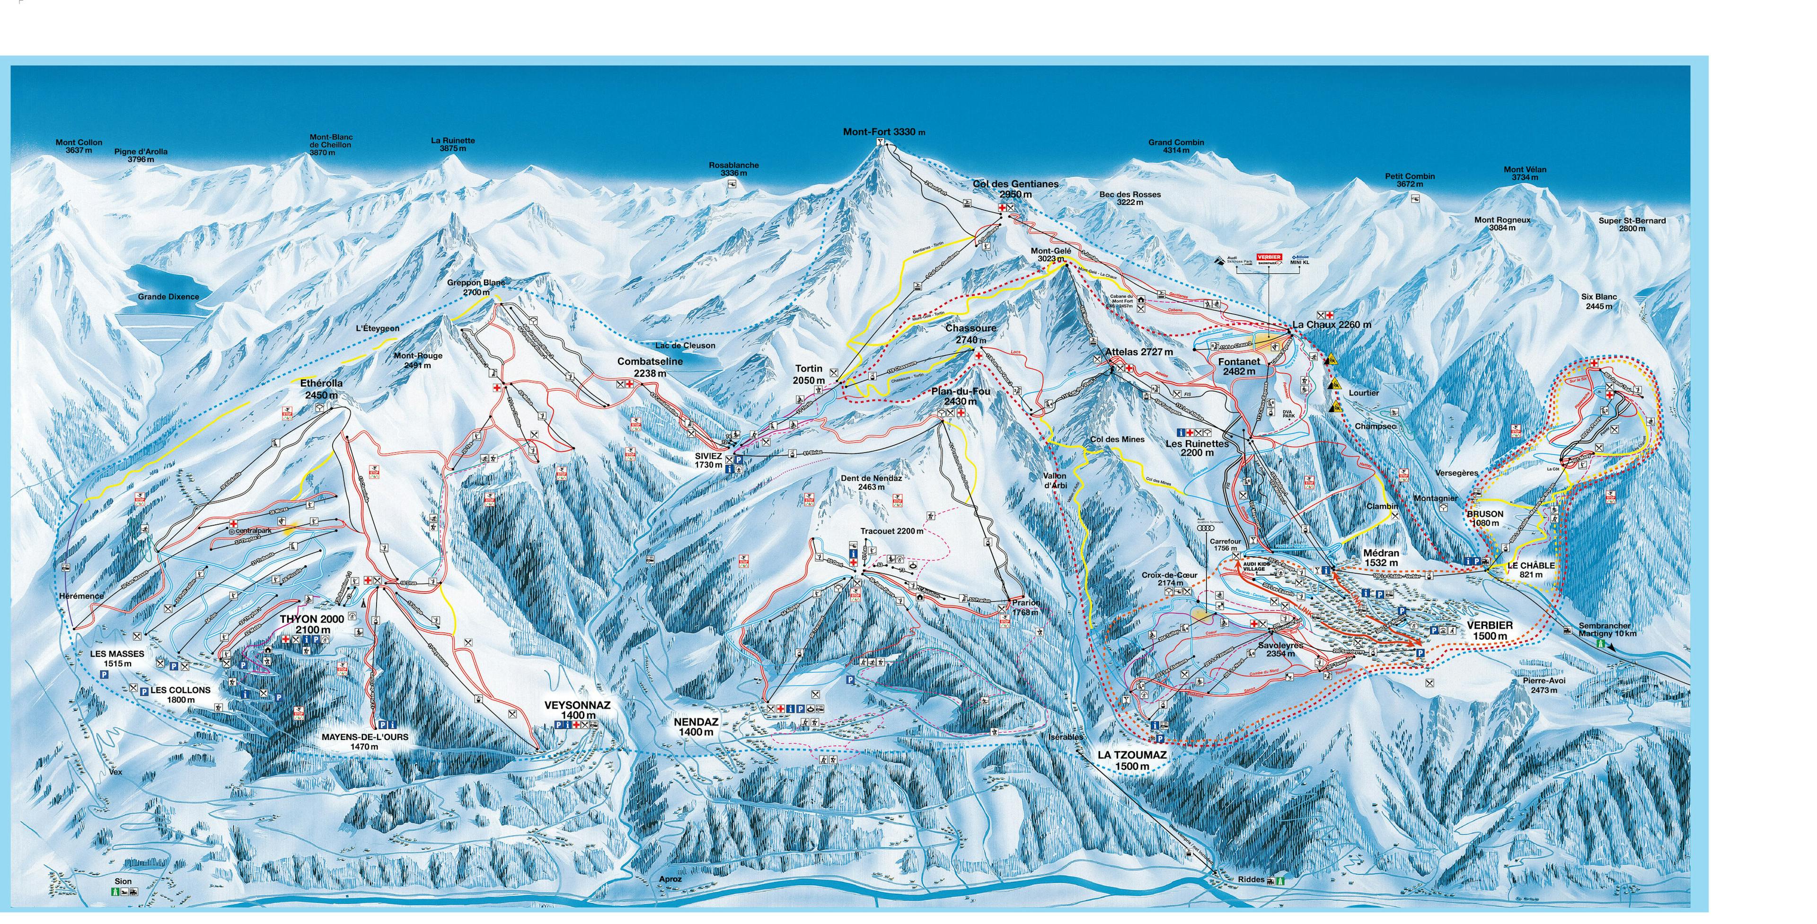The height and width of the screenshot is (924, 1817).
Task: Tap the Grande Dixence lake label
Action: [168, 297]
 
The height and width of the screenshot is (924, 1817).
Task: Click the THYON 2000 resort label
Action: [312, 624]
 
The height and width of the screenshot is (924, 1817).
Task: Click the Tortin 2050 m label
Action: [809, 374]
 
